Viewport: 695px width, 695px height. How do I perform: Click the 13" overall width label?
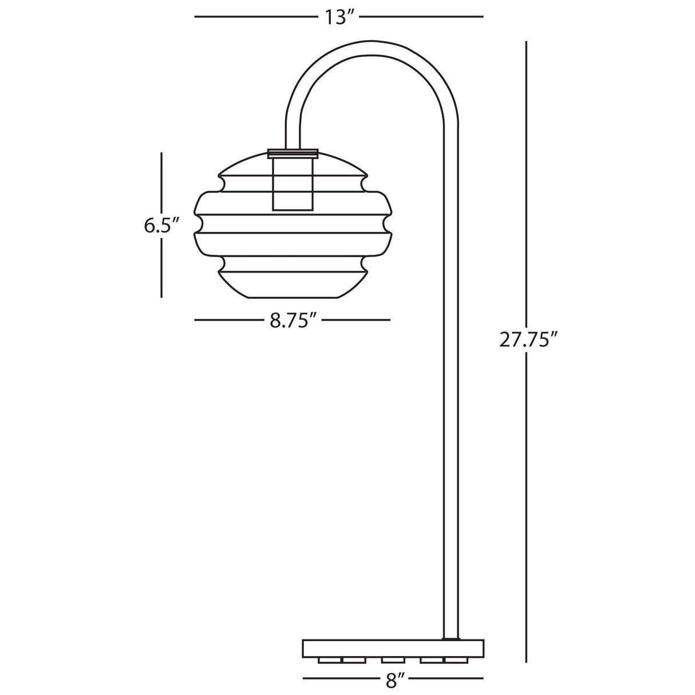pos(341,17)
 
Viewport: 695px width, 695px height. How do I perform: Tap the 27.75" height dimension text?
pos(528,339)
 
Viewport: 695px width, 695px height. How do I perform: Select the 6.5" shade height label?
pos(158,226)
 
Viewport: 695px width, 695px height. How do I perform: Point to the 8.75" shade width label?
pos(293,321)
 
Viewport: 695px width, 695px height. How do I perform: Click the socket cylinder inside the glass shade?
pos(293,184)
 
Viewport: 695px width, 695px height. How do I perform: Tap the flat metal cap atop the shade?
pos(293,153)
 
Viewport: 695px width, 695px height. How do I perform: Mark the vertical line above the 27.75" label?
pos(527,183)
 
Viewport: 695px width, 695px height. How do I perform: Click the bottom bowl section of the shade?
pos(293,283)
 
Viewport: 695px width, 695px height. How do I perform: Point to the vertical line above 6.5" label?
pos(162,183)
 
